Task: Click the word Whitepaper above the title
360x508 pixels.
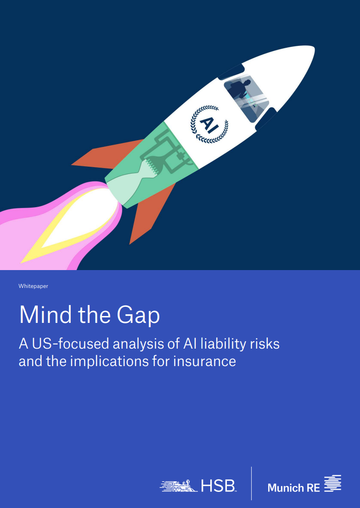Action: click(33, 286)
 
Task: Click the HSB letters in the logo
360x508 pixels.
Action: click(218, 486)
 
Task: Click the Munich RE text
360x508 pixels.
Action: click(293, 488)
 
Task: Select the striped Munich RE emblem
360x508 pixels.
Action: click(333, 484)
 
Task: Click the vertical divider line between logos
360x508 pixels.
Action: click(252, 483)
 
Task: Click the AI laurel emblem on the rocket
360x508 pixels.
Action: click(209, 123)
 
